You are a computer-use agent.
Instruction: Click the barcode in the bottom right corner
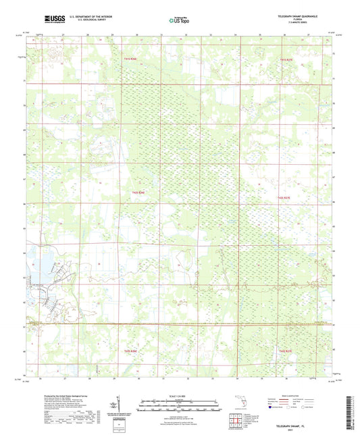(x=351, y=411)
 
